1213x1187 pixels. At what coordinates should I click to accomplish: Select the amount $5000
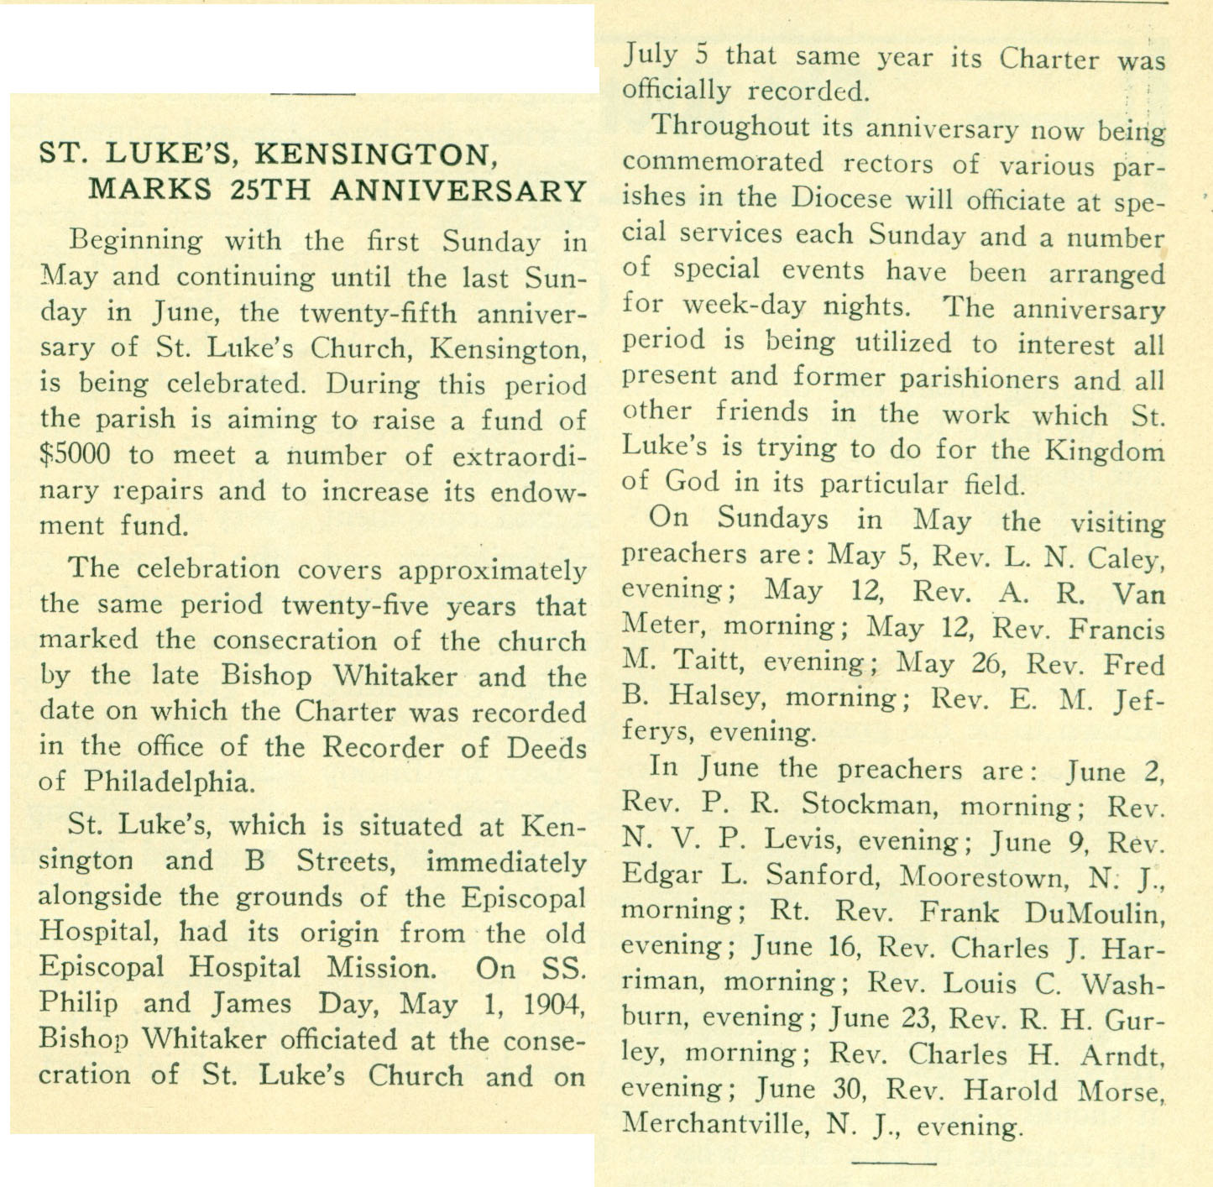click(75, 455)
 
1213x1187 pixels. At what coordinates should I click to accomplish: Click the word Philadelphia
click(168, 782)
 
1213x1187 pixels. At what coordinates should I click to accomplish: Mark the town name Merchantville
click(714, 1125)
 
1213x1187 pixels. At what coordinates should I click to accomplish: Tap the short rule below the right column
click(893, 1163)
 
